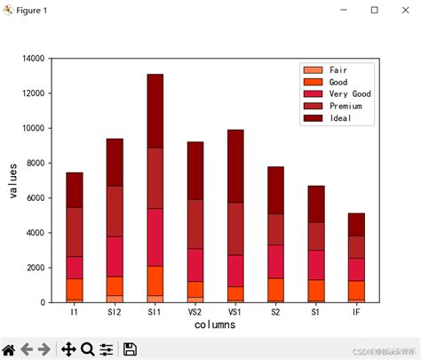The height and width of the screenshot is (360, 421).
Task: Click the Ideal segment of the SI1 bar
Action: pos(155,111)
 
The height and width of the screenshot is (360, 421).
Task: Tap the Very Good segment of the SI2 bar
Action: pos(115,256)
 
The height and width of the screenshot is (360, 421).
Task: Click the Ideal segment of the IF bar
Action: pos(357,224)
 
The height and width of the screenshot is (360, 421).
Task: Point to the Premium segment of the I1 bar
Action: pos(74,232)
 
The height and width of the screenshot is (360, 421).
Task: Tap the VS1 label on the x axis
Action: pos(235,312)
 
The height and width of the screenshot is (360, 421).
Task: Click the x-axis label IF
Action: pos(357,312)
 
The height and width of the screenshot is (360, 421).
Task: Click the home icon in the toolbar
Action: pos(9,349)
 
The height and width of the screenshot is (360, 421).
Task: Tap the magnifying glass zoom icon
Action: pos(87,349)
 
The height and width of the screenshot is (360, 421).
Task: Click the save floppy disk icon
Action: pos(130,349)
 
